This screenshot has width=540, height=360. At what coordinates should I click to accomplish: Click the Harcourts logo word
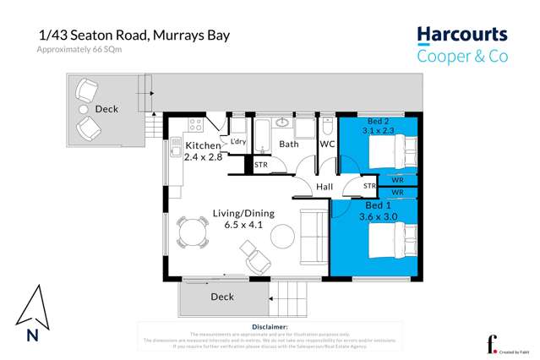pyautogui.click(x=461, y=35)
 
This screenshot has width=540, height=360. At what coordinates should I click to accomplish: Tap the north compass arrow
pyautogui.click(x=31, y=309)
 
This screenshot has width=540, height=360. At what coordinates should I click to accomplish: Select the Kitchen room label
pyautogui.click(x=202, y=146)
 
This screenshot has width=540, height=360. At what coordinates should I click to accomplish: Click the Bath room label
pyautogui.click(x=289, y=145)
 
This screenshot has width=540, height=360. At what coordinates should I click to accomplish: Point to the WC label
pyautogui.click(x=327, y=145)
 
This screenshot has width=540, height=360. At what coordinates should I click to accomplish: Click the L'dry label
pyautogui.click(x=237, y=141)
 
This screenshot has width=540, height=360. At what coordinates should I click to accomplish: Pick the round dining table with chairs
pyautogui.click(x=194, y=232)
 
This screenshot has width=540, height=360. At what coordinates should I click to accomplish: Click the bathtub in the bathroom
pyautogui.click(x=261, y=135)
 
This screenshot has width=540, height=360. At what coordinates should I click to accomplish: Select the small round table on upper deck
pyautogui.click(x=84, y=110)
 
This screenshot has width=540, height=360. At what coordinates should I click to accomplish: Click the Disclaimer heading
pyautogui.click(x=270, y=325)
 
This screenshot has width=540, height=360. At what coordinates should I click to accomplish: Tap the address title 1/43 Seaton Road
pyautogui.click(x=134, y=35)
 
